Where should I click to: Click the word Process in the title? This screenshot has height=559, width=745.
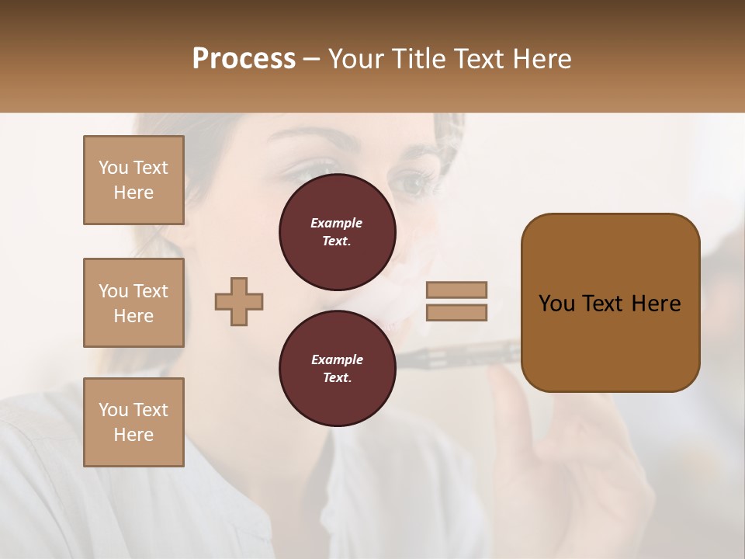244,59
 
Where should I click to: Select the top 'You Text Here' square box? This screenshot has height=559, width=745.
133,180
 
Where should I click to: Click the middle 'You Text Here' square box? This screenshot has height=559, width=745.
133,303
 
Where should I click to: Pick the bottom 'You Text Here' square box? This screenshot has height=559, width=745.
133,422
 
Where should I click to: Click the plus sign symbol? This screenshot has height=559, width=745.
239,301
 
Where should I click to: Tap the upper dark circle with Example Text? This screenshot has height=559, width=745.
337,232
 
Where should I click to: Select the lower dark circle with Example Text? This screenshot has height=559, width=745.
337,368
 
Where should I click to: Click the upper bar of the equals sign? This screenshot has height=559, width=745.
456,290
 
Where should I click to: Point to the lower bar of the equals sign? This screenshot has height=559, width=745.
456,312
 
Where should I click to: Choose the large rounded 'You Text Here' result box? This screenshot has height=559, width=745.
610,302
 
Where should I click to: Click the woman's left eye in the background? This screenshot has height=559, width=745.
411,183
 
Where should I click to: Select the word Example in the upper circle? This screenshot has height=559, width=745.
337,223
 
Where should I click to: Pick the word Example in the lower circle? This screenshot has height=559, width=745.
337,359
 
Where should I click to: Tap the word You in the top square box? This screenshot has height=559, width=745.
113,168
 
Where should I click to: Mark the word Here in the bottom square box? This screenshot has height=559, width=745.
133,435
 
